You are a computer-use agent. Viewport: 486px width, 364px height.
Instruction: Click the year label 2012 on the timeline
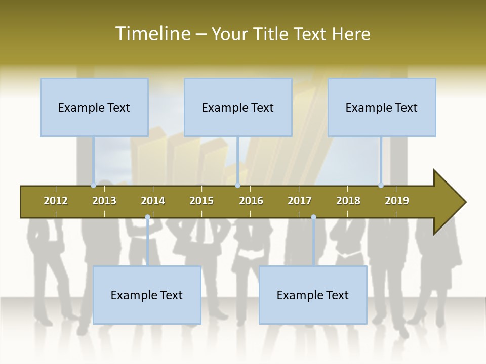click(56, 201)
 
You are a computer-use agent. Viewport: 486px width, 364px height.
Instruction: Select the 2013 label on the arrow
click(104, 201)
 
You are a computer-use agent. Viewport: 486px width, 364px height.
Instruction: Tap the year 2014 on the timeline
click(153, 201)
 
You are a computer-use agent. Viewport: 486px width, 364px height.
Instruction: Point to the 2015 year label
click(201, 201)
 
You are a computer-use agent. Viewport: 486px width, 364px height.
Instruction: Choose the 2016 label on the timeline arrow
click(251, 201)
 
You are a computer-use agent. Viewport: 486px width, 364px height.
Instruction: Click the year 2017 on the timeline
click(300, 201)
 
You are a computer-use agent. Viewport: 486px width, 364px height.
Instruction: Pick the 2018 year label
click(348, 201)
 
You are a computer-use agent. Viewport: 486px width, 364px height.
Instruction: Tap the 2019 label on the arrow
click(397, 201)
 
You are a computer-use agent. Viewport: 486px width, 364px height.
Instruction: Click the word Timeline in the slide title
click(152, 34)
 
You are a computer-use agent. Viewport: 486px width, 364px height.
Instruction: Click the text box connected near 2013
click(94, 107)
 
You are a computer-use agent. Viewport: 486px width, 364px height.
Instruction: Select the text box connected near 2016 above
click(238, 107)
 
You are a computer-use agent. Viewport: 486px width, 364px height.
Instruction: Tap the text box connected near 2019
click(382, 107)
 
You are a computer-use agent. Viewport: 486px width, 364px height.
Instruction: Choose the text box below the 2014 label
click(147, 295)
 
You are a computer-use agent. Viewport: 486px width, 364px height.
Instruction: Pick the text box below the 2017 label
click(313, 295)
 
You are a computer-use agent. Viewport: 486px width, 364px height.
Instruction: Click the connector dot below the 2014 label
click(147, 217)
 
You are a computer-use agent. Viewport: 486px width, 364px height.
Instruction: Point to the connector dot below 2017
click(313, 217)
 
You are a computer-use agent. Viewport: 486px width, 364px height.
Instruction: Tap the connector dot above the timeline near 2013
click(93, 186)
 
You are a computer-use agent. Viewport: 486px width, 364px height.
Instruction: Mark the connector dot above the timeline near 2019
click(381, 186)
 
